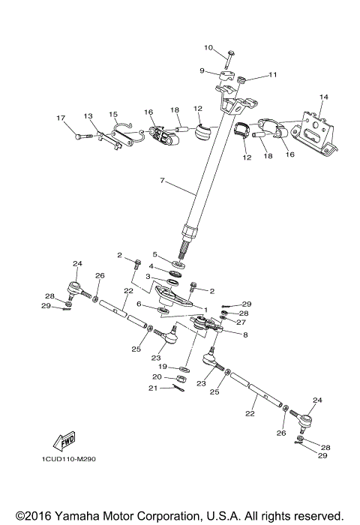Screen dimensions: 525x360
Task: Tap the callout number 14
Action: click(324, 97)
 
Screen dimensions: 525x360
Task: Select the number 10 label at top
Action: click(208, 48)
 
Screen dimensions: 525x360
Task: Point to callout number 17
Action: click(61, 118)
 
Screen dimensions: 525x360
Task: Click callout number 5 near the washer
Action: click(156, 254)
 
